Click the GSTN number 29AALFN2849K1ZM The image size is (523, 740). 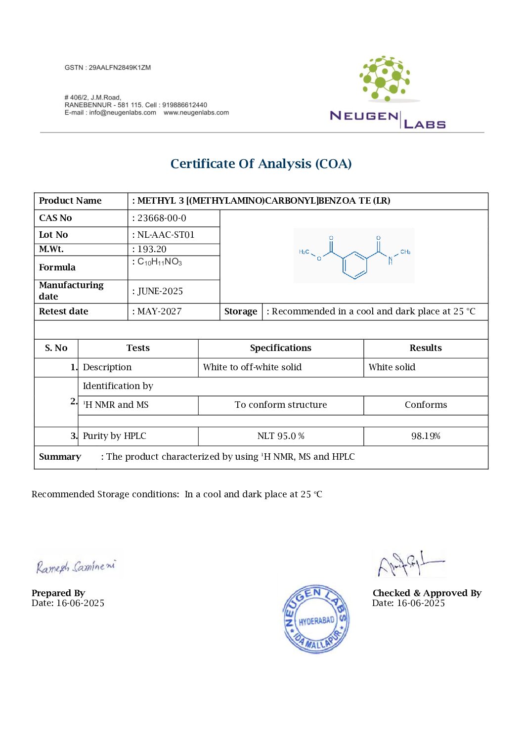pos(120,68)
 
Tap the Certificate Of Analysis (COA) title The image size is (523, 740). pos(261,164)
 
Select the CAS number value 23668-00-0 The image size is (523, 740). pos(162,218)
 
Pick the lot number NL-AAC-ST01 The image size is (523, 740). pos(166,235)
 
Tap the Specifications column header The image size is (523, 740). pos(281,348)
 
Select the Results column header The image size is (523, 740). pos(426,348)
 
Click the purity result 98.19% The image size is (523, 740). pos(426,436)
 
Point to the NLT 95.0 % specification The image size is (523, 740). pos(281,436)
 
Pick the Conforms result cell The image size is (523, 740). pos(426,405)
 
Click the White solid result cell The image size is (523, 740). pos(392,367)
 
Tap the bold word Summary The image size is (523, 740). pos(60,457)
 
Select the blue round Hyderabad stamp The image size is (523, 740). pos(316,619)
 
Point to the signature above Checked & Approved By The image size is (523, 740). pos(410,564)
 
